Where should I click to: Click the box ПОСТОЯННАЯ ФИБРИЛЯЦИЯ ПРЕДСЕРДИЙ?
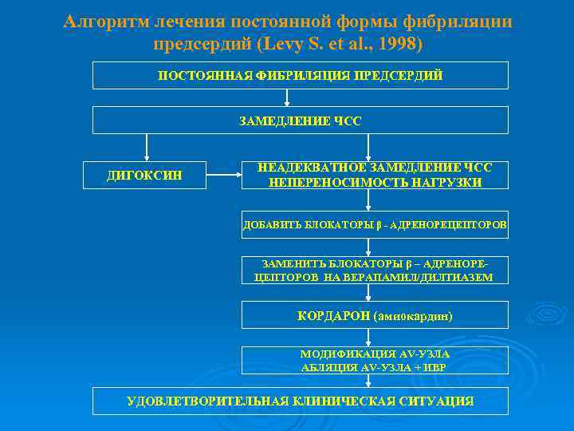click(301, 76)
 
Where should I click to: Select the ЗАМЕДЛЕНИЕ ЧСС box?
click(301, 121)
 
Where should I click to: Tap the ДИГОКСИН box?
click(144, 175)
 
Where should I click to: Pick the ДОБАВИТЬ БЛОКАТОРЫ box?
click(375, 225)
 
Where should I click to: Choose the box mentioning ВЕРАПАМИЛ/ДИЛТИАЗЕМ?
click(375, 271)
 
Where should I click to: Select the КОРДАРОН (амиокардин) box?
click(375, 315)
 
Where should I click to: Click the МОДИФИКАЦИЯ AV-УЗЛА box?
click(375, 361)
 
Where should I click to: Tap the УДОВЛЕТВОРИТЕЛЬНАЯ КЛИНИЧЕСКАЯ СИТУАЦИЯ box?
click(301, 401)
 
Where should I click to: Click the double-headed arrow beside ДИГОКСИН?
click(224, 175)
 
